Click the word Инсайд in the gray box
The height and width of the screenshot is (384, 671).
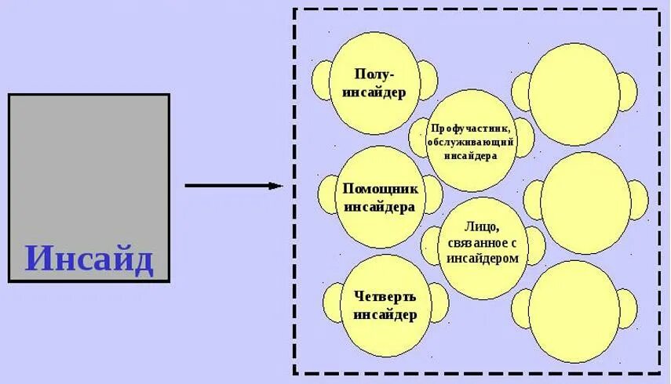pos(89,259)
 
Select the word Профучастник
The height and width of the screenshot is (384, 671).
pos(472,127)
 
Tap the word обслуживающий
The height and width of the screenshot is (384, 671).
pos(472,142)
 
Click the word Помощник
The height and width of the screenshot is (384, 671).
pos(381,189)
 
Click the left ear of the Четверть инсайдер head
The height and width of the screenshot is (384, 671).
pos(330,302)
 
